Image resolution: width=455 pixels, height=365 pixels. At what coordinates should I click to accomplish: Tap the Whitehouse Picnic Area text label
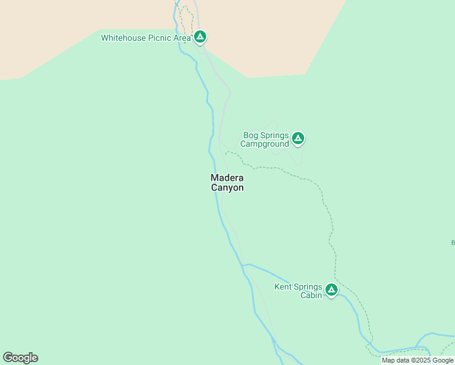(x=146, y=38)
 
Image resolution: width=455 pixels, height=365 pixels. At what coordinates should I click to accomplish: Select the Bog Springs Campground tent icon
(x=297, y=138)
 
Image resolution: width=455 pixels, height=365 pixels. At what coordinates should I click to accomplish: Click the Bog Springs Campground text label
(x=265, y=140)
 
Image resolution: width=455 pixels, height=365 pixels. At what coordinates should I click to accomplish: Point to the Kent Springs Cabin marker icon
(x=331, y=290)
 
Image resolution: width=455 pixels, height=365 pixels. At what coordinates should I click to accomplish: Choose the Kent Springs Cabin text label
(x=298, y=291)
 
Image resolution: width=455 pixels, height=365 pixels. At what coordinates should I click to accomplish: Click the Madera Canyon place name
(x=227, y=182)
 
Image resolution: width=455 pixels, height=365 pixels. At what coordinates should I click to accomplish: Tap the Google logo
(x=20, y=358)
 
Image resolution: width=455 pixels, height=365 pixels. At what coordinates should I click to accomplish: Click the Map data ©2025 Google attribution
(x=417, y=360)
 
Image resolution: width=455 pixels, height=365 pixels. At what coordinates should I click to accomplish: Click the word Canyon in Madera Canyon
(x=227, y=188)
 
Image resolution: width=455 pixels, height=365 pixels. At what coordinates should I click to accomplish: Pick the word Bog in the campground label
(x=251, y=135)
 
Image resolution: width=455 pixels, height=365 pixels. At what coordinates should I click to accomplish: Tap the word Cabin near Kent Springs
(x=311, y=296)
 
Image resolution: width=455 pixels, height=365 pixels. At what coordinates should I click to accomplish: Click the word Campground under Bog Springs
(x=265, y=144)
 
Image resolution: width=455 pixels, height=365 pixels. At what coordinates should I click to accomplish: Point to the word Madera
(x=227, y=178)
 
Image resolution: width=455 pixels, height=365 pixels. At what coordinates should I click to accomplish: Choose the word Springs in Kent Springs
(x=308, y=287)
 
